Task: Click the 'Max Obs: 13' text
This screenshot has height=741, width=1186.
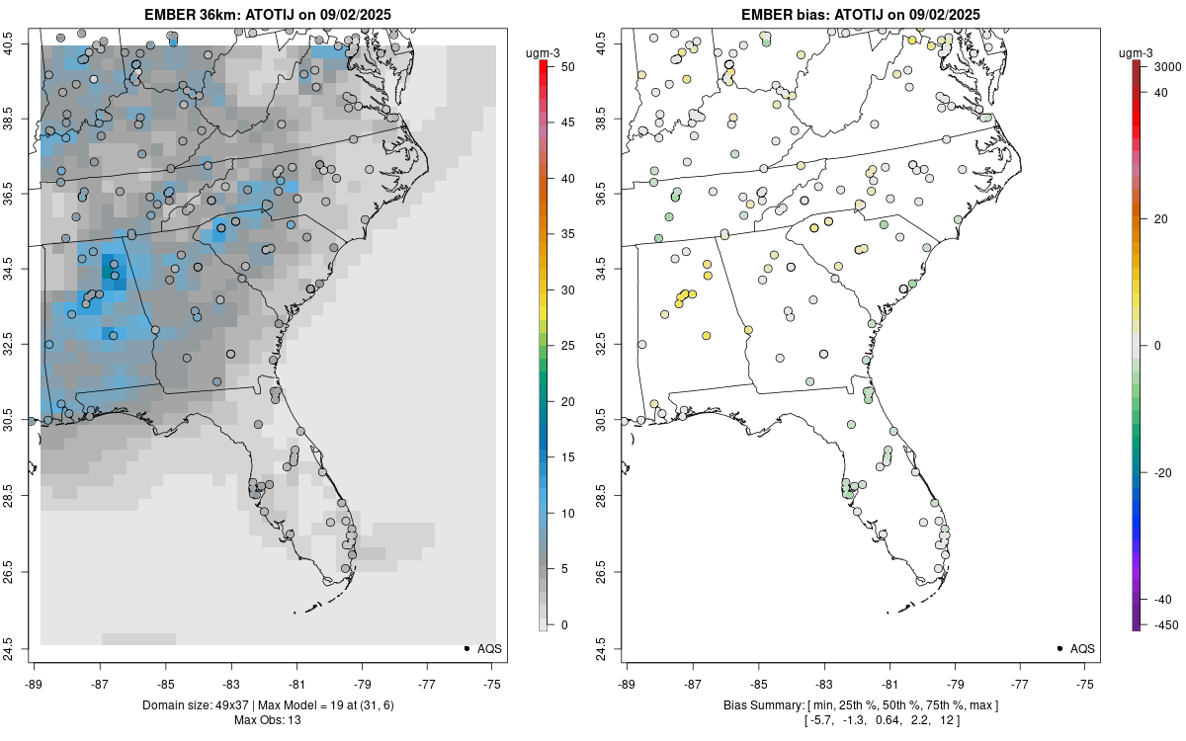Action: (267, 720)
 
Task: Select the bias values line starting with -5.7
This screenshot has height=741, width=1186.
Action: (860, 720)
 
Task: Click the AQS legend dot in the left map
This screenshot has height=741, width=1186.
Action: (466, 648)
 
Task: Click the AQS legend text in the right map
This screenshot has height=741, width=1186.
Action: (1082, 648)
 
